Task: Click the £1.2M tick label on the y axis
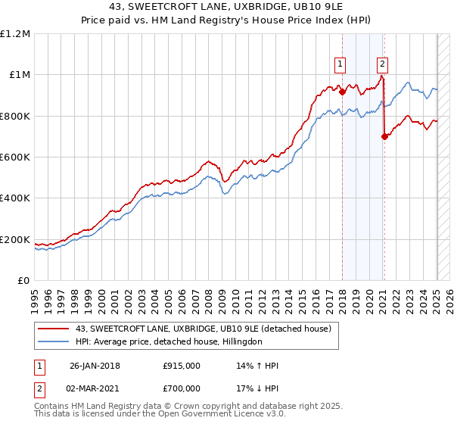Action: [x=16, y=33]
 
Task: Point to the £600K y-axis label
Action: [x=15, y=157]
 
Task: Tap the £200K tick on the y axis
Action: [x=15, y=240]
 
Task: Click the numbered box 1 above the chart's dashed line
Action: [x=341, y=64]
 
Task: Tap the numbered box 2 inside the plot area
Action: [x=383, y=64]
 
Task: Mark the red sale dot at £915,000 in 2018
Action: [x=342, y=92]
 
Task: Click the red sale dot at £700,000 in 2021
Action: [x=384, y=136]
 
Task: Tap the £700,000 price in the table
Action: [x=181, y=390]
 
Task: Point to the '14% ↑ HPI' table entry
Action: [x=257, y=366]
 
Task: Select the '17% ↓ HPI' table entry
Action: [x=257, y=390]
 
